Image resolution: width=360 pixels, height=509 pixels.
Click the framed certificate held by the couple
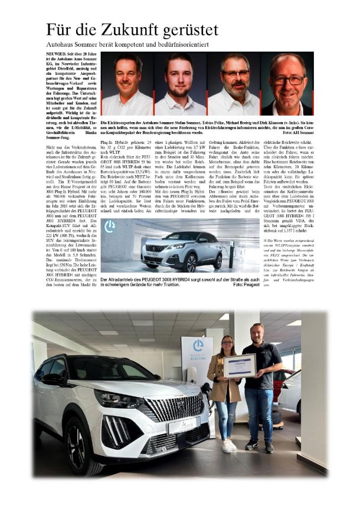[x=240, y=366]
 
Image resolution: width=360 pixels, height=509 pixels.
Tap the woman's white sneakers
[x=227, y=446]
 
